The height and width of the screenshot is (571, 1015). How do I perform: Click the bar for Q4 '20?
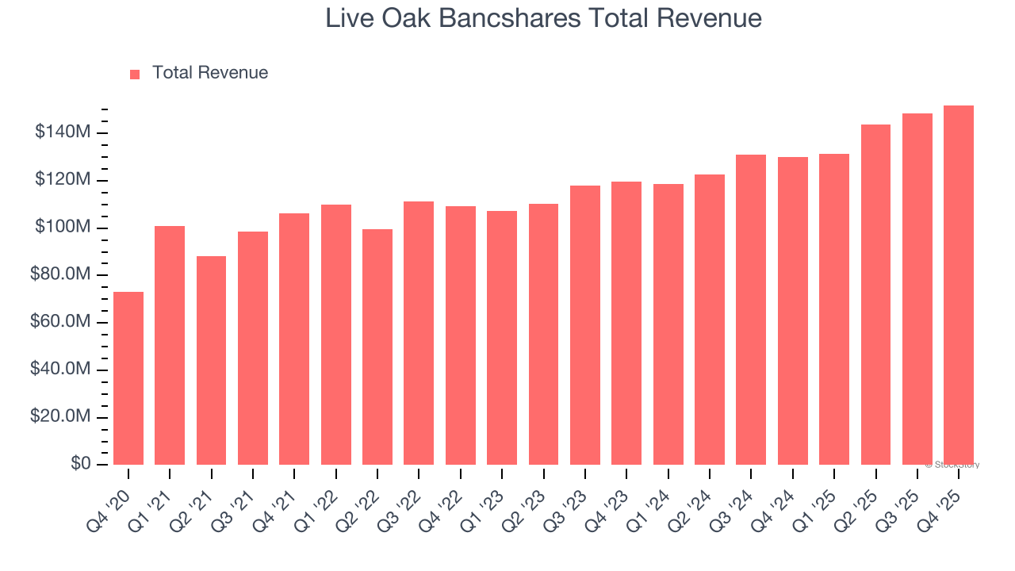tap(128, 378)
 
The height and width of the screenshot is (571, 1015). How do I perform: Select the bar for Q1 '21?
tap(170, 345)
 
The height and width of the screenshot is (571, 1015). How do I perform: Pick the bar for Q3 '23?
tap(585, 325)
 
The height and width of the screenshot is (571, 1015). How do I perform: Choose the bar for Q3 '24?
tap(751, 309)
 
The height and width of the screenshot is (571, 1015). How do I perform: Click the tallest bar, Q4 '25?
tap(959, 285)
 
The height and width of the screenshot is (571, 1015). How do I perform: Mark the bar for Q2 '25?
tap(875, 294)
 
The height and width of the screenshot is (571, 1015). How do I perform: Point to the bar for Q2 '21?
tap(211, 360)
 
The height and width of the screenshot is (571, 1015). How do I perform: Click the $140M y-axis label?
tap(63, 132)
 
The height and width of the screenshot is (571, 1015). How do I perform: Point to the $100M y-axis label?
tap(63, 228)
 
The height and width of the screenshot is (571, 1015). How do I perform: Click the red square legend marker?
tap(135, 74)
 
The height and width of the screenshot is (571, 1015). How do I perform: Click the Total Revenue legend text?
tap(210, 73)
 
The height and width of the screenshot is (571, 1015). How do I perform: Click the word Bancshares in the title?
tap(504, 18)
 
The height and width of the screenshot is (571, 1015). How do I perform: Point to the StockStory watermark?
tap(952, 465)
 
